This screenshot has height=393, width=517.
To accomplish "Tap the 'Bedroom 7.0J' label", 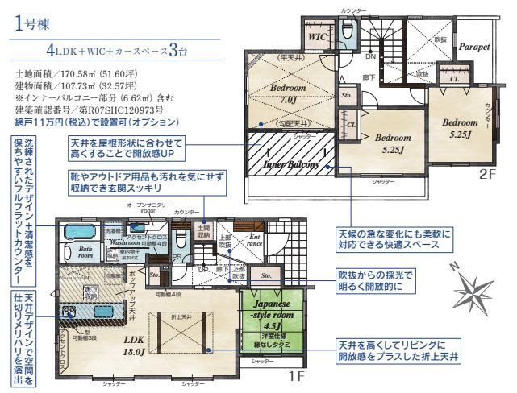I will click(x=287, y=93).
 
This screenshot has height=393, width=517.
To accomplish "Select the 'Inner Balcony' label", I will click(x=292, y=163).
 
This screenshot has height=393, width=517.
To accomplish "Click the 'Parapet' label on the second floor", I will click(x=474, y=48).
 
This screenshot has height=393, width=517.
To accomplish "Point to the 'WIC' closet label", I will click(x=316, y=37).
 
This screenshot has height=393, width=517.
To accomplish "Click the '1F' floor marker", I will click(x=296, y=375).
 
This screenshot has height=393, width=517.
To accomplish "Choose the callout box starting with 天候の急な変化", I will click(x=395, y=240).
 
